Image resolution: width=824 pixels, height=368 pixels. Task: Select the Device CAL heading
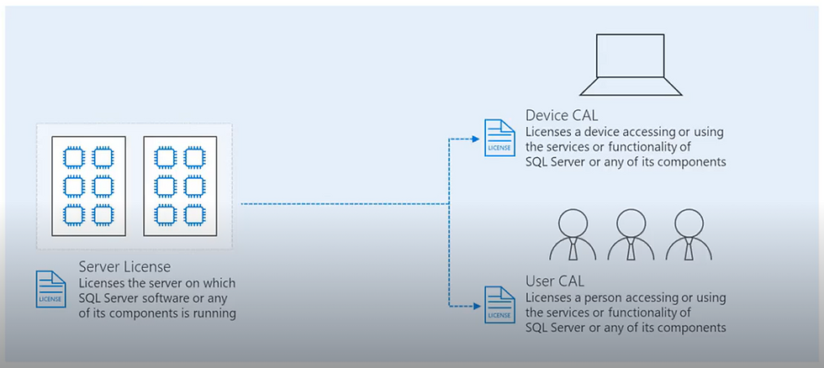pyautogui.click(x=563, y=115)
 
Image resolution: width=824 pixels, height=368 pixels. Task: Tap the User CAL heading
pyautogui.click(x=555, y=281)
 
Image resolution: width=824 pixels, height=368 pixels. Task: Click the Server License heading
pyautogui.click(x=124, y=267)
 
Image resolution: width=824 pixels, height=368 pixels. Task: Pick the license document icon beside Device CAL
pyautogui.click(x=499, y=137)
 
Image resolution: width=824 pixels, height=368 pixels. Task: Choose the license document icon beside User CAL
pyautogui.click(x=499, y=304)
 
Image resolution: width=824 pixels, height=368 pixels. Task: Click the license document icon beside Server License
pyautogui.click(x=50, y=287)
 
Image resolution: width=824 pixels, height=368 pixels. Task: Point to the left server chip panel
pyautogui.click(x=89, y=186)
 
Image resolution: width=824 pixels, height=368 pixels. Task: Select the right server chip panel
pyautogui.click(x=180, y=186)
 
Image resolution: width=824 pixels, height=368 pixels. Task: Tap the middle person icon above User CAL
pyautogui.click(x=631, y=234)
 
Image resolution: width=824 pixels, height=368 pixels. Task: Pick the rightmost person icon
pyautogui.click(x=689, y=234)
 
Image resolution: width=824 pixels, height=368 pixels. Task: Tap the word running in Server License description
pyautogui.click(x=215, y=314)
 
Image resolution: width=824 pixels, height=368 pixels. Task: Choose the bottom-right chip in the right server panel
pyautogui.click(x=194, y=214)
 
